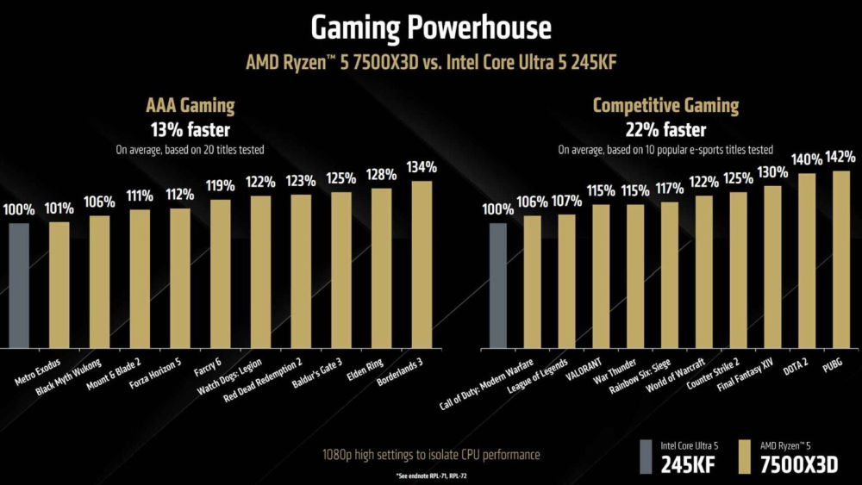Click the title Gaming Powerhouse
[x=430, y=28]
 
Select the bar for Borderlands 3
[x=422, y=264]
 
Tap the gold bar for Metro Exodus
[x=59, y=284]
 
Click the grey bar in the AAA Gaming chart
[x=19, y=284]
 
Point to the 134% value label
[x=422, y=167]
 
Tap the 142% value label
[x=840, y=157]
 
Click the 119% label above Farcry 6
[x=220, y=186]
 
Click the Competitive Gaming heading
[x=665, y=106]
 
